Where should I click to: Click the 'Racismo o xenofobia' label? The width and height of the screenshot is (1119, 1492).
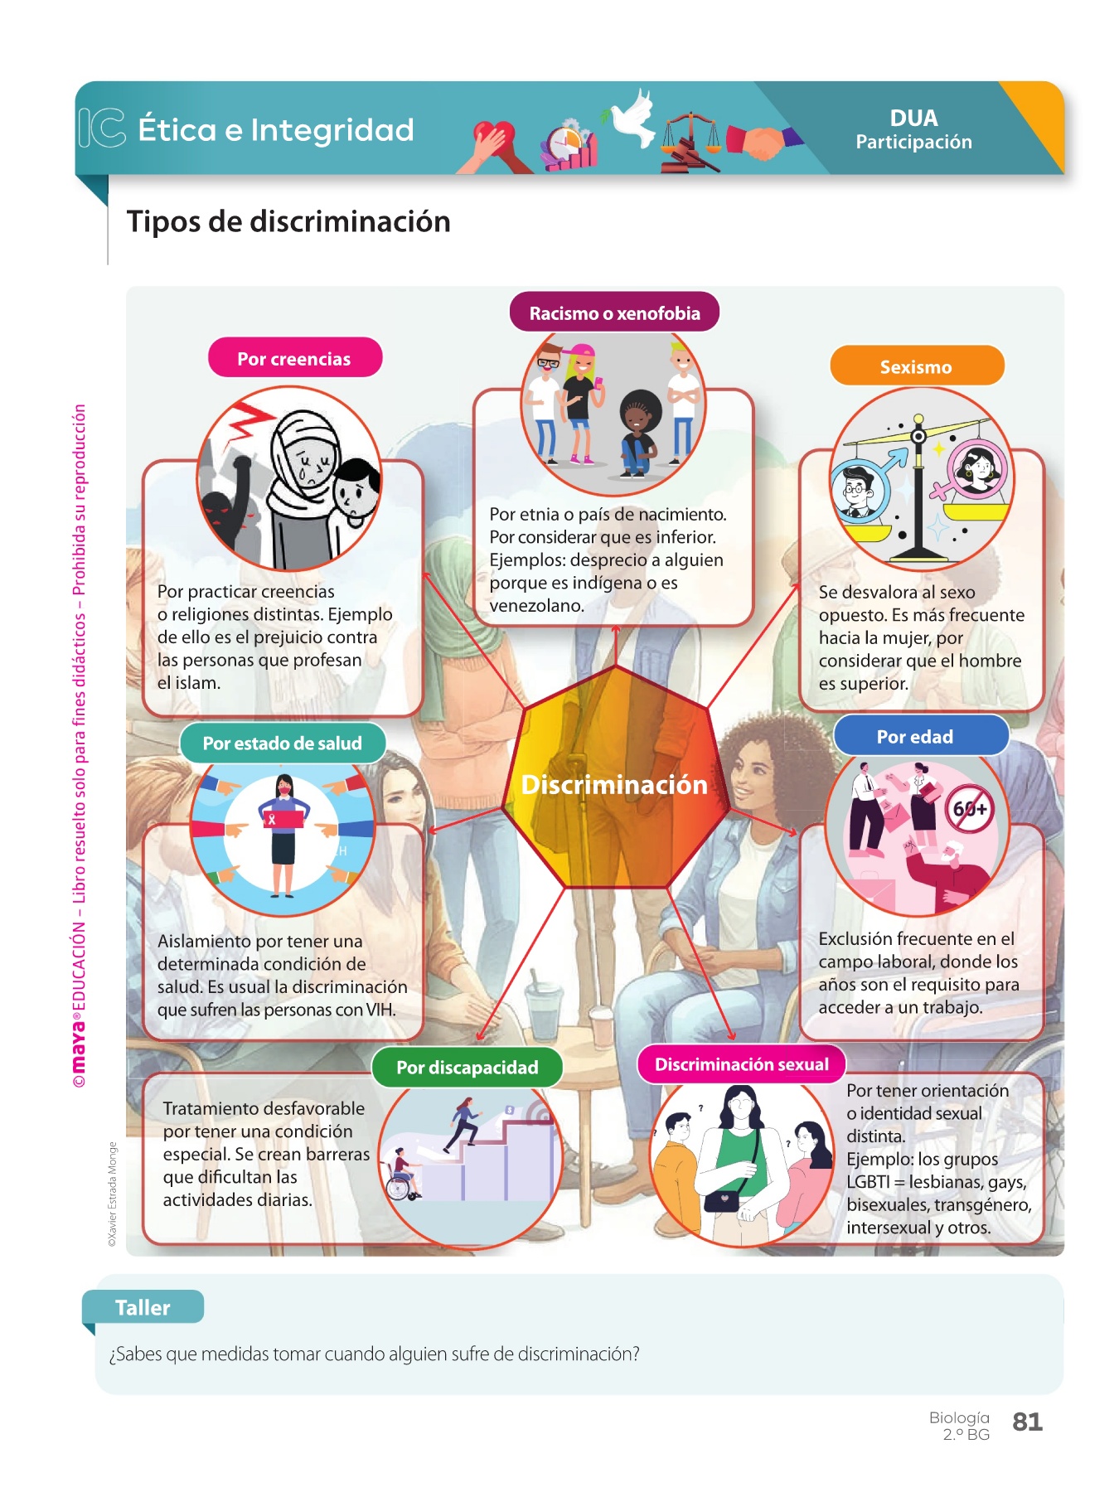pos(614,313)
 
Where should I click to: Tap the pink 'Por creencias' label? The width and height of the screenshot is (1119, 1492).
pos(294,359)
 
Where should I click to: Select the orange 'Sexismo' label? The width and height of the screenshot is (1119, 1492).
pos(916,367)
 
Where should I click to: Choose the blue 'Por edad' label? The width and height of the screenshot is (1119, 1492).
pos(915,737)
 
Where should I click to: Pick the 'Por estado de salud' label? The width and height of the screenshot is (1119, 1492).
pos(282,744)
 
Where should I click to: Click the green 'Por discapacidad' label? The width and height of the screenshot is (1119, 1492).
pos(467,1068)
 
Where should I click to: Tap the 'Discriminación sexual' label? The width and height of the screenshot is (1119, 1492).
pos(742,1065)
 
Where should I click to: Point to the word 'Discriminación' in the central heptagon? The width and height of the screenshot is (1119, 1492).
pos(614,785)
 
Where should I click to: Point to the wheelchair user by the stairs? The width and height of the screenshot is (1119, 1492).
pos(403,1176)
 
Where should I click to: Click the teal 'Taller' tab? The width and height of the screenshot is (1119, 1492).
pos(143,1307)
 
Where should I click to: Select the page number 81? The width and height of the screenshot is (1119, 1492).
pos(1027,1422)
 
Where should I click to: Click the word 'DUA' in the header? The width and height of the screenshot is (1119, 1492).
pos(913,119)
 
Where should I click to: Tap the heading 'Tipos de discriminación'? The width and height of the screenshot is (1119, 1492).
pos(288,222)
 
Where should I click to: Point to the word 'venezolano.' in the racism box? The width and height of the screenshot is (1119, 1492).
pos(536,606)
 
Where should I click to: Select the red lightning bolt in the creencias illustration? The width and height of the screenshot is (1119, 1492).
pos(249,420)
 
